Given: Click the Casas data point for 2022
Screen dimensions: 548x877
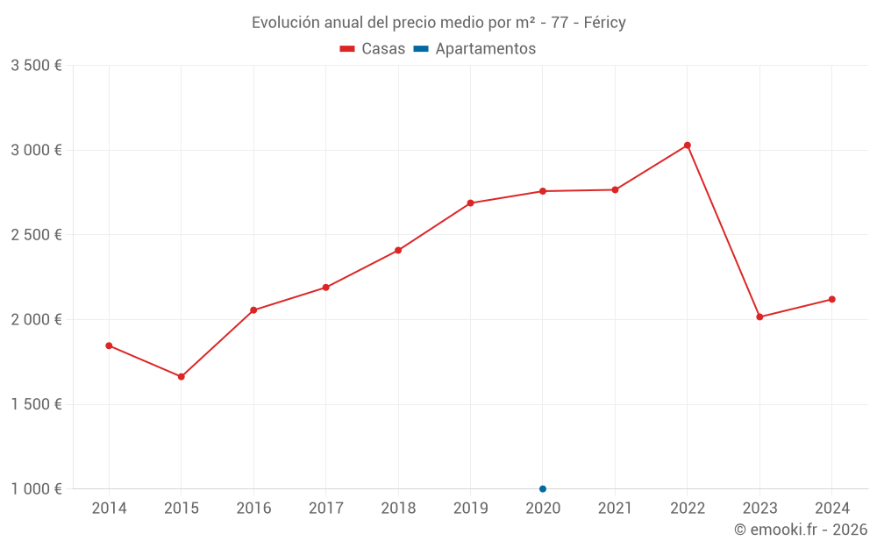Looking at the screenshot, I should (x=688, y=146).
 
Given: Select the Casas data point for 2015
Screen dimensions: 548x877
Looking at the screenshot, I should (x=182, y=377).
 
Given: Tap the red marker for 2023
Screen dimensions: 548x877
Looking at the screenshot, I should (x=759, y=317).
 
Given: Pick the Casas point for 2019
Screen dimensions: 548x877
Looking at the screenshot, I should (x=470, y=203).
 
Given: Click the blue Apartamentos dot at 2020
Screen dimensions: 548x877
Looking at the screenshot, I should (x=543, y=488).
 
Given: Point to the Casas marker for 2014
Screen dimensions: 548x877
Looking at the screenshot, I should (x=109, y=345).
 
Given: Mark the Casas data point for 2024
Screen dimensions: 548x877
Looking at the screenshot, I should (x=831, y=299).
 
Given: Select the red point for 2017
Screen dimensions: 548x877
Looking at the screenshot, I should (x=325, y=288).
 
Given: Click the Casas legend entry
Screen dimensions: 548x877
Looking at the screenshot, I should (x=373, y=49).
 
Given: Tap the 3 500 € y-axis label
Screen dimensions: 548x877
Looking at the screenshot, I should (x=36, y=66).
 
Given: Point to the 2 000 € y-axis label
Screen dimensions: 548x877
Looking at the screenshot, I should (x=36, y=320).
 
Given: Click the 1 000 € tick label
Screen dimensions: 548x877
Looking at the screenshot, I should (x=36, y=489).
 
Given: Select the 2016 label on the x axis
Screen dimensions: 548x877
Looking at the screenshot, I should (x=253, y=509).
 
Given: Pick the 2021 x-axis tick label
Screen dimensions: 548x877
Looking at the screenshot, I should (x=615, y=509).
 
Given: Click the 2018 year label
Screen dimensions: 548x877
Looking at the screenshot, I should (x=398, y=509).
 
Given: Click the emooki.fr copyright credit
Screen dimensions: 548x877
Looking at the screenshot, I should (x=801, y=530).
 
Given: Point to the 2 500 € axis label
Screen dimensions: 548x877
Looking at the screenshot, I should (x=36, y=235).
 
